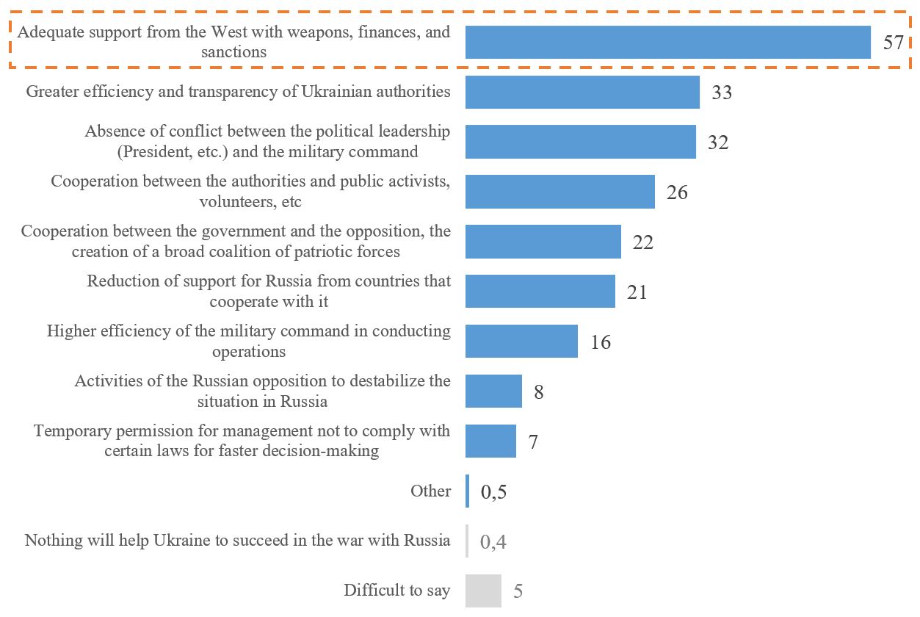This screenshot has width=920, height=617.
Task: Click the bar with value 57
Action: point(667,42)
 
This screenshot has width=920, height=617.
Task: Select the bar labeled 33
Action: point(582,92)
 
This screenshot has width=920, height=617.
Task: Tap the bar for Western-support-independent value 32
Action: point(580,142)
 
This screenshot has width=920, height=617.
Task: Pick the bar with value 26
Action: point(559,192)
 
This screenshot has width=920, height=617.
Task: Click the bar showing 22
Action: point(543,242)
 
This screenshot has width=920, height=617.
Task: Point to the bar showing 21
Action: point(540,292)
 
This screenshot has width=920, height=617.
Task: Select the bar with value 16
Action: point(521,342)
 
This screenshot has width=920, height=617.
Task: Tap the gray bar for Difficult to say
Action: point(483,591)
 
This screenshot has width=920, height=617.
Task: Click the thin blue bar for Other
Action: point(467,491)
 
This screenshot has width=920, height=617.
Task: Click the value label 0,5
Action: point(493,492)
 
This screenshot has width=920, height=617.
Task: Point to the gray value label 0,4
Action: point(493,542)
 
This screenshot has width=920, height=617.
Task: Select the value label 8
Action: point(538,392)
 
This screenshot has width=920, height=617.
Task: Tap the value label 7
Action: point(533,442)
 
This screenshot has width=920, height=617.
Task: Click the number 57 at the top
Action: point(892,43)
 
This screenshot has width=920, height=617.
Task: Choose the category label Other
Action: point(431,491)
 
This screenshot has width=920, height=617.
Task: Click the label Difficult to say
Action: point(396,591)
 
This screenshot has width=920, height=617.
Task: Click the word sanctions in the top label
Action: point(234,52)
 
